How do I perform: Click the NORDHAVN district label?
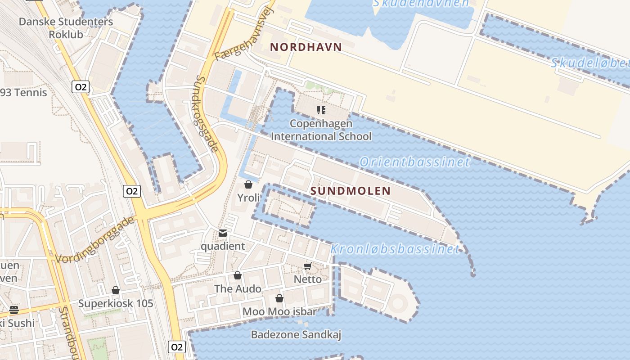[306, 47]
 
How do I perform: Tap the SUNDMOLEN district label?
[351, 191]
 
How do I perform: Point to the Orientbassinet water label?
[414, 162]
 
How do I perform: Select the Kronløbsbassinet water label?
[395, 249]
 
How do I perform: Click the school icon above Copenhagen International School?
[321, 110]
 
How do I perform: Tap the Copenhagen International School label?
[321, 130]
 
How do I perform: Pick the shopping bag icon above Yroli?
[248, 184]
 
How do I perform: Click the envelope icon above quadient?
[223, 233]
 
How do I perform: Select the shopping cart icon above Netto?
[308, 266]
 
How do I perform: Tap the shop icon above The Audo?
[238, 275]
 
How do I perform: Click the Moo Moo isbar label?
[279, 311]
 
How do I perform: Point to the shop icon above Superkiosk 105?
[116, 290]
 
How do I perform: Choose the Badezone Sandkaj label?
[296, 335]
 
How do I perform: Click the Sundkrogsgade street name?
[207, 113]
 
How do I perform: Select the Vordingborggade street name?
[95, 239]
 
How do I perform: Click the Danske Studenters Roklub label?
[66, 27]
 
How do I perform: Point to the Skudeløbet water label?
[589, 63]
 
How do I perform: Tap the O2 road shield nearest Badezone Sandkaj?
[177, 347]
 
